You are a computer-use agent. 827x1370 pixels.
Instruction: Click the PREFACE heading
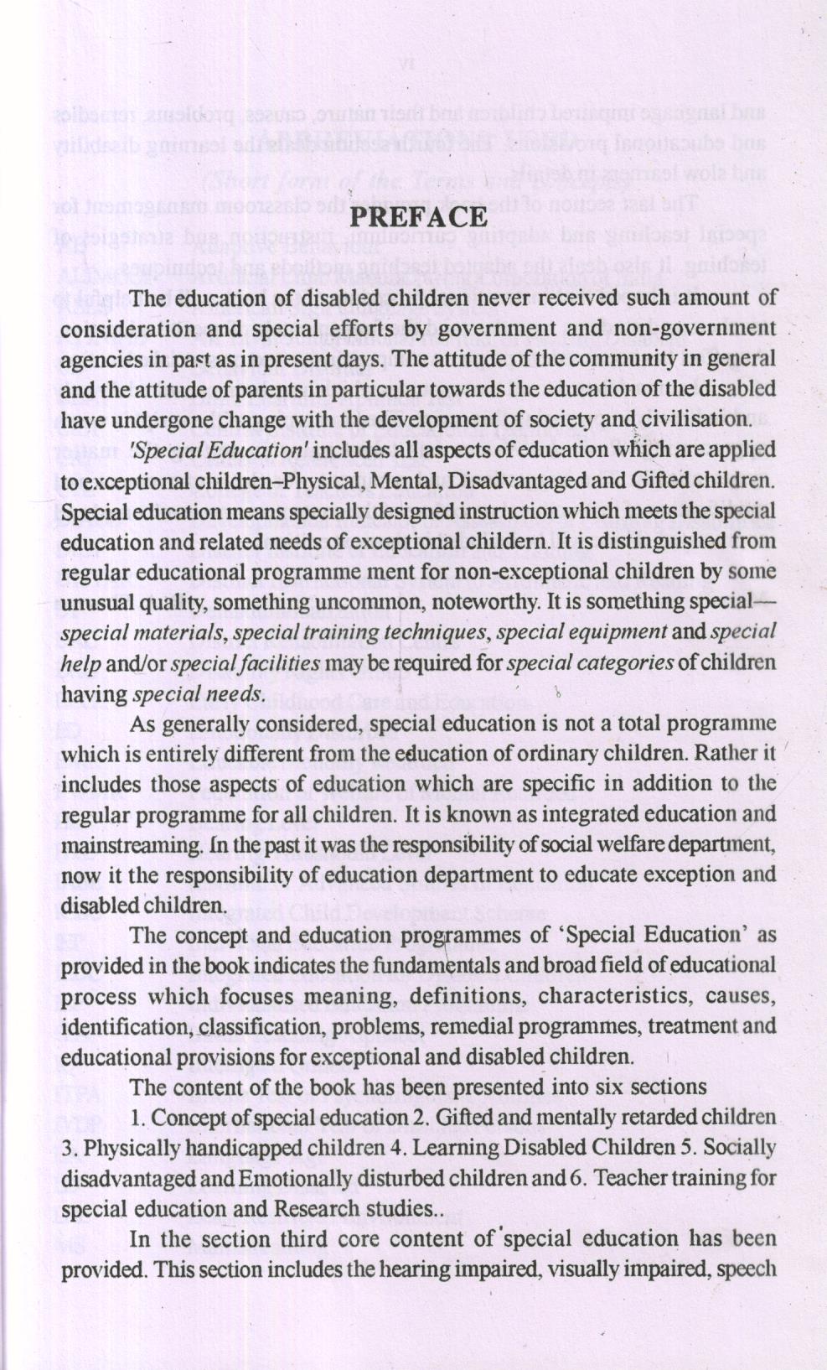pyautogui.click(x=417, y=216)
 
